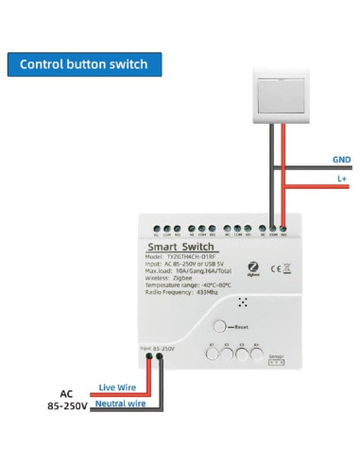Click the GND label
pos(340,160)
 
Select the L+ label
pos(341,178)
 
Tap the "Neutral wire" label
pos(120,404)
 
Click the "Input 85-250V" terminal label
pos(157,349)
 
